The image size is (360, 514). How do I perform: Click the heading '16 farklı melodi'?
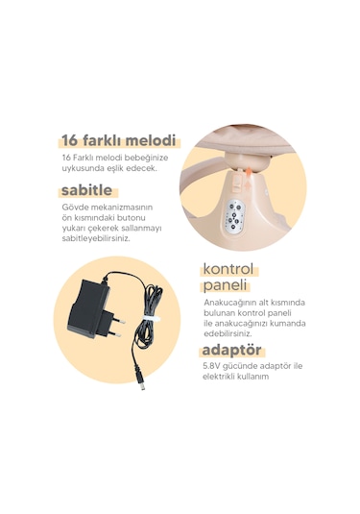coord(119,140)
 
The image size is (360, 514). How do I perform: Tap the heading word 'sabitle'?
coord(86,190)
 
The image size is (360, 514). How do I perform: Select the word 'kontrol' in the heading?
coord(228,269)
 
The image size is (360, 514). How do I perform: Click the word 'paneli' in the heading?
coord(225,285)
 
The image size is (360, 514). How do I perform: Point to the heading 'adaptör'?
coord(231,350)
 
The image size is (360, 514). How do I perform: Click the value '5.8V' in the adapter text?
coord(211,365)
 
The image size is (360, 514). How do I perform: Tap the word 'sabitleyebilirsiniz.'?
coord(96,238)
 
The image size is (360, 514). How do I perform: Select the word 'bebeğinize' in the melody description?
coord(150,158)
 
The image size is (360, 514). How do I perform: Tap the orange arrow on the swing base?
coord(249,181)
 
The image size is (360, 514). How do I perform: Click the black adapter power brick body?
coord(88,307)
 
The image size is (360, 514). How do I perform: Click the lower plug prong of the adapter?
coord(114,333)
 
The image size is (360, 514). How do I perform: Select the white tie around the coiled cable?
coord(150,319)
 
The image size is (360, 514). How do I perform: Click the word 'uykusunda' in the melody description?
coord(80,169)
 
